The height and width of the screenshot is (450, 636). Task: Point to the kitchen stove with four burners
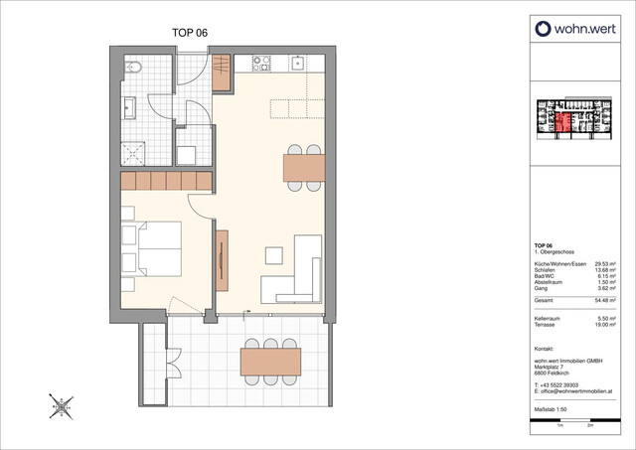[263, 63]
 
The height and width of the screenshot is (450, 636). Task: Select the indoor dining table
[304, 168]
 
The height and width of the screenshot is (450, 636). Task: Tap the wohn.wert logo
[577, 29]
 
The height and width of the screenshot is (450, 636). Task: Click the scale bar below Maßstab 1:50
[574, 423]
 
